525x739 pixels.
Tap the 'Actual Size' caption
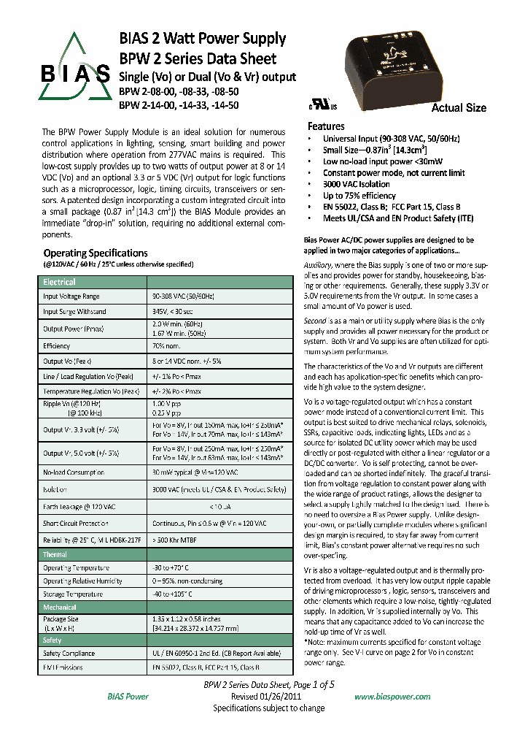[x=459, y=108]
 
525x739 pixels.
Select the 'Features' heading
[x=326, y=126]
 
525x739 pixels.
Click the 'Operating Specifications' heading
[x=96, y=253]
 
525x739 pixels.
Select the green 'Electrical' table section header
[x=59, y=282]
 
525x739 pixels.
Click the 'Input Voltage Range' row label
[x=71, y=296]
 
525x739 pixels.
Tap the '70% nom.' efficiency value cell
[x=166, y=346]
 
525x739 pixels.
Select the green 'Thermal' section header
[x=55, y=555]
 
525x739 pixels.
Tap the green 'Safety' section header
[x=52, y=640]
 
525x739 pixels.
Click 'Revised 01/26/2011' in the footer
[x=268, y=697]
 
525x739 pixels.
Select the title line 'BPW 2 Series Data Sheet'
[x=198, y=58]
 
